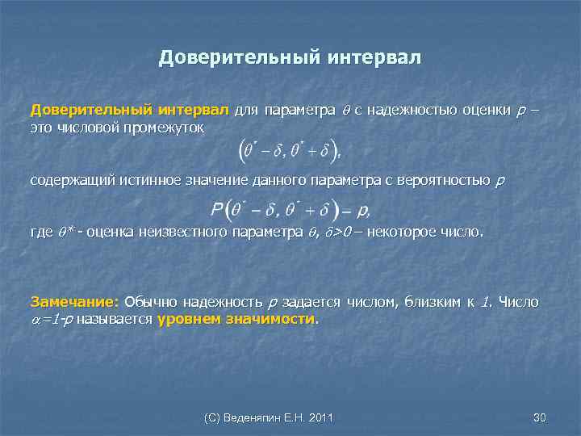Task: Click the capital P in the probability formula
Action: pyautogui.click(x=217, y=210)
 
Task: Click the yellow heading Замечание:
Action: pyautogui.click(x=74, y=302)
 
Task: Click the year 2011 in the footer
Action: pyautogui.click(x=321, y=417)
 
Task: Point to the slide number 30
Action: pyautogui.click(x=540, y=417)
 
